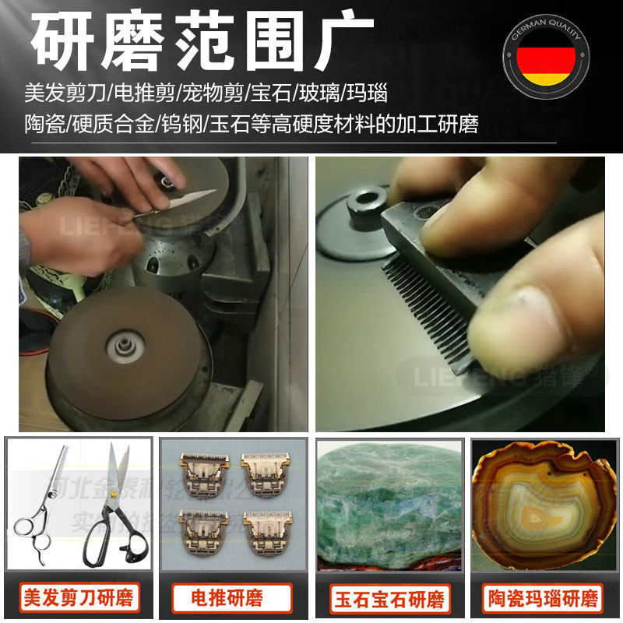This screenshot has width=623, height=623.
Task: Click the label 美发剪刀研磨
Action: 81,598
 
